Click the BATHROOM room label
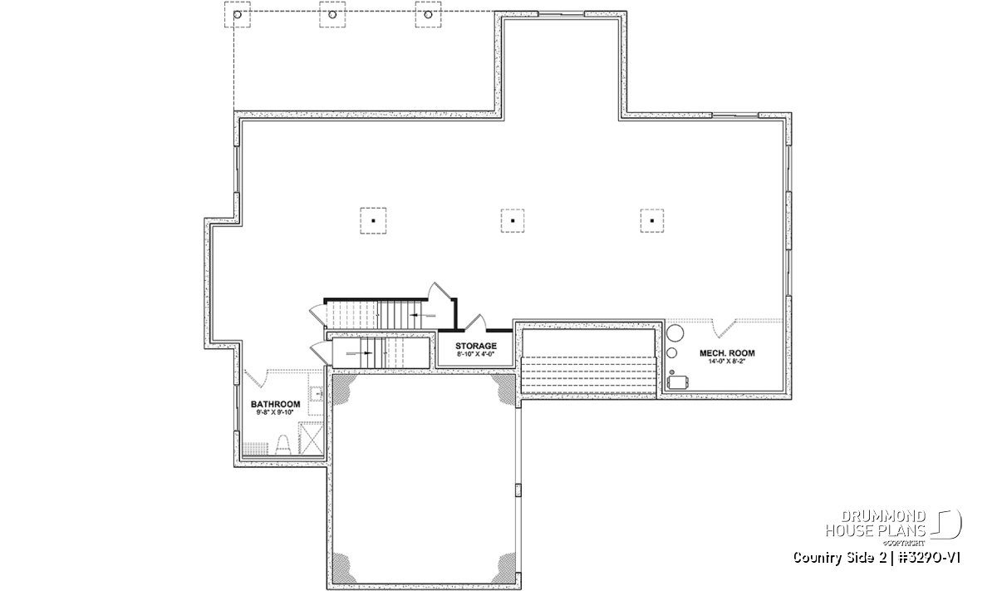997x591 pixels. tap(275, 404)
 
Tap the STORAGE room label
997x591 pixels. tap(476, 346)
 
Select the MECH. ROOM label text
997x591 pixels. tap(727, 353)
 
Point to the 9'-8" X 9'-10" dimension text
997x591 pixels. tap(275, 412)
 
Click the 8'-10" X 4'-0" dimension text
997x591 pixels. tap(476, 354)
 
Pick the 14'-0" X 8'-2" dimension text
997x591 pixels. tap(727, 362)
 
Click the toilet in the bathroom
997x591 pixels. tap(283, 445)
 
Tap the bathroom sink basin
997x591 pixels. tap(317, 394)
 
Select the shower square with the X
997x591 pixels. tap(311, 439)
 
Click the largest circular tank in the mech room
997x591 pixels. tap(675, 333)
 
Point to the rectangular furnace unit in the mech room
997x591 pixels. tap(678, 382)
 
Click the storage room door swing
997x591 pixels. tap(476, 321)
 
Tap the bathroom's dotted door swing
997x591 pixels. tap(254, 377)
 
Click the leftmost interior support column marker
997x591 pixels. tap(373, 220)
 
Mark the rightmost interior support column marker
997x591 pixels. tap(652, 220)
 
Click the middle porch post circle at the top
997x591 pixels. tap(332, 15)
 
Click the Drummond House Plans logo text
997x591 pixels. tap(876, 524)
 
